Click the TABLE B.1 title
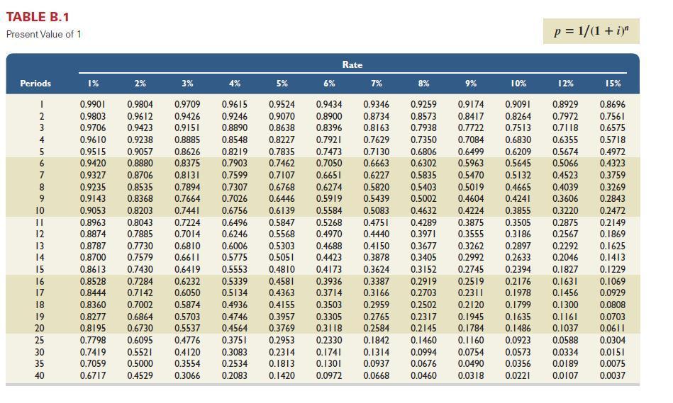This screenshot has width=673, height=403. [x=38, y=16]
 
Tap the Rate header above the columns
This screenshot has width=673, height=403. [x=352, y=65]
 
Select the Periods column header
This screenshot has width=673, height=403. [x=35, y=83]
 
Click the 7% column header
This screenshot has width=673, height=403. [x=377, y=83]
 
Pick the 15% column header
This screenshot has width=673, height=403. [x=613, y=83]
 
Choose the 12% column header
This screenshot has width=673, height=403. [x=565, y=83]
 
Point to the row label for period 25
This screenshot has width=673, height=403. [x=40, y=341]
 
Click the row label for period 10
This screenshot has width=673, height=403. [x=40, y=210]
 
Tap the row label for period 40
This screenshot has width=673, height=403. [x=40, y=376]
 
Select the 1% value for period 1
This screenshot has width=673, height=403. [x=92, y=104]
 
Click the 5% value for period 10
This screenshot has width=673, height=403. [x=282, y=210]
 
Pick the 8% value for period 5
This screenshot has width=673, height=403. [x=423, y=152]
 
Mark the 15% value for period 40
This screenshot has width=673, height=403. [x=613, y=376]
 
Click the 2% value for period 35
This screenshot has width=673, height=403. [x=140, y=364]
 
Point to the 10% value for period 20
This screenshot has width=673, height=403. [x=518, y=329]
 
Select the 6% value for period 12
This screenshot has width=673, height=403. [x=329, y=234]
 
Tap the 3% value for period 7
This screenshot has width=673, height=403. [x=187, y=175]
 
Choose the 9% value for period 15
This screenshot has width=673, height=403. [x=471, y=269]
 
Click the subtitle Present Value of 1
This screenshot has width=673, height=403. [x=43, y=34]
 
